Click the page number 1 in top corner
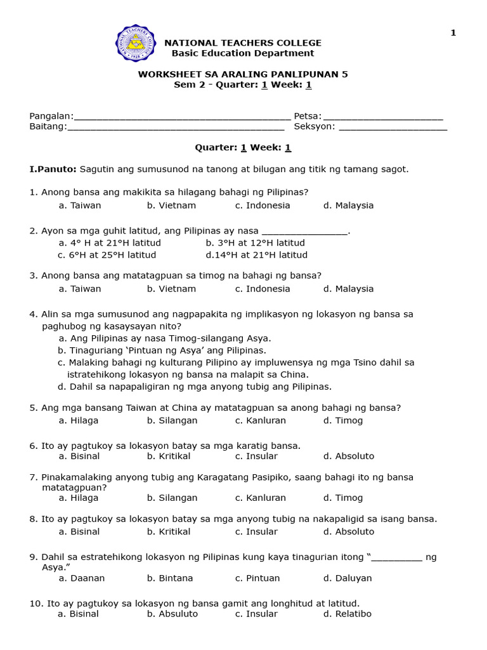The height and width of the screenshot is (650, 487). pyautogui.click(x=453, y=33)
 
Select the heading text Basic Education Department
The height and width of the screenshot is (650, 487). pyautogui.click(x=243, y=53)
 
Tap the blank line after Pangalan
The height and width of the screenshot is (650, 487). pyautogui.click(x=182, y=117)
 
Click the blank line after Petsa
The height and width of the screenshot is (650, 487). pyautogui.click(x=383, y=117)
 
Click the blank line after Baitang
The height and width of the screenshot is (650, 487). pyautogui.click(x=175, y=127)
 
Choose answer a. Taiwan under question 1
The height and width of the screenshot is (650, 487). pyautogui.click(x=80, y=206)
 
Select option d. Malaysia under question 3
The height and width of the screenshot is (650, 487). pyautogui.click(x=348, y=289)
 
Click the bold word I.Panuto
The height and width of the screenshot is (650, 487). pyautogui.click(x=53, y=169)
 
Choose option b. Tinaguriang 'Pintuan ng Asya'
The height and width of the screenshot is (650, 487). pyautogui.click(x=162, y=350)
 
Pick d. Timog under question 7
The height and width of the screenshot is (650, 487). pyautogui.click(x=342, y=498)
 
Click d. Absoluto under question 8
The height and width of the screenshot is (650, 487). pyautogui.click(x=348, y=532)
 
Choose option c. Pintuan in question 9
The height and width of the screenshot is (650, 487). pyautogui.click(x=257, y=578)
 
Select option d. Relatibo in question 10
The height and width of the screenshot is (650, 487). pyautogui.click(x=347, y=614)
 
